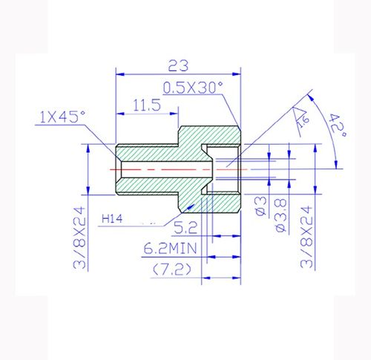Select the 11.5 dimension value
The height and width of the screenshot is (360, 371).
click(x=146, y=105)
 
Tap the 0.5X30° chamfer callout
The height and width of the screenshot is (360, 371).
click(x=194, y=86)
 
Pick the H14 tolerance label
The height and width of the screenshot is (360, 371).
click(x=112, y=219)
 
